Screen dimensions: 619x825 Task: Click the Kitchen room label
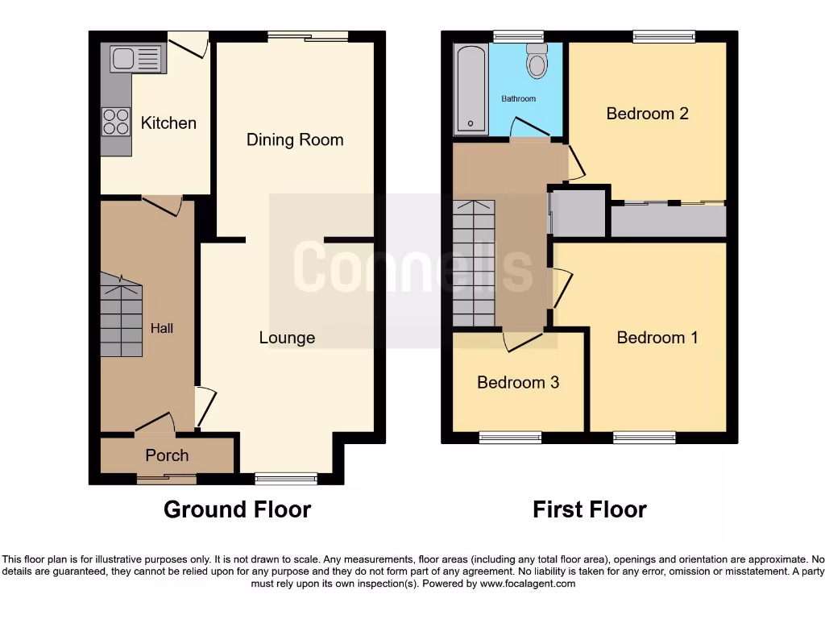tap(168, 123)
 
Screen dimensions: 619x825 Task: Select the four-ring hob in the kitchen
tap(116, 121)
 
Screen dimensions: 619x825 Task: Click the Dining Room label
tap(295, 139)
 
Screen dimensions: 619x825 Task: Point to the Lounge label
tap(287, 338)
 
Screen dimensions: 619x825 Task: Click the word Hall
tap(162, 328)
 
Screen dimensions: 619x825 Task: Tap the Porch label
tap(167, 455)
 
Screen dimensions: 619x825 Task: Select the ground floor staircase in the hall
tap(120, 314)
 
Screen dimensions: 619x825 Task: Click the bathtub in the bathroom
tap(471, 89)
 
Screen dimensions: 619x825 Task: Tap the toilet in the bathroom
tap(537, 61)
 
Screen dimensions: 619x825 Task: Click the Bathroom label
tap(518, 98)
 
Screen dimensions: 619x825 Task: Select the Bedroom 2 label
tap(647, 114)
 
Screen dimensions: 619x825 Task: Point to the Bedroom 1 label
tap(657, 337)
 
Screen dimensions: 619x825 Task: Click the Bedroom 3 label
tap(518, 382)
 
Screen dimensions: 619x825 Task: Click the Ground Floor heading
tap(237, 509)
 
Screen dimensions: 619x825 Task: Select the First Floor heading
tap(590, 509)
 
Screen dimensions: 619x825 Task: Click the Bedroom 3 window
tap(511, 438)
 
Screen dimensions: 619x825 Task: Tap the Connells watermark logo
tap(412, 269)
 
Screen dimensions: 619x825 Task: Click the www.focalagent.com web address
tap(527, 584)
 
